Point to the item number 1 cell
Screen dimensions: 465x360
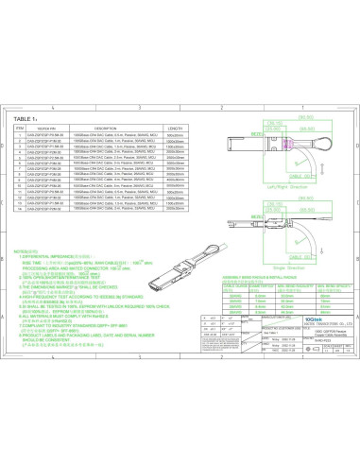[x=19, y=134]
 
